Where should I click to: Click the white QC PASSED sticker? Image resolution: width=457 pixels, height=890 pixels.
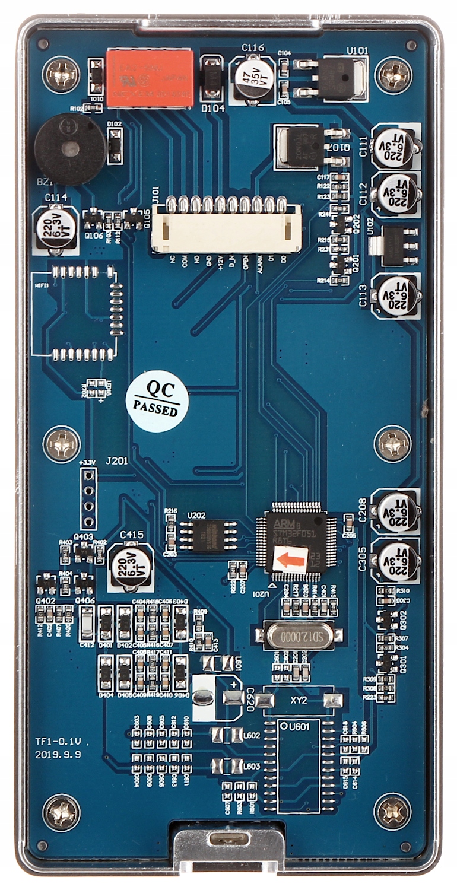pos(157,402)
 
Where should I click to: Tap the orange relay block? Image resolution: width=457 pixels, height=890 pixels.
pos(150,78)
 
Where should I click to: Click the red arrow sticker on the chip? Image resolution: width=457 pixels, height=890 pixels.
pos(291,559)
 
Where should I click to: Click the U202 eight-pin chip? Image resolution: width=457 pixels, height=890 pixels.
pos(207,535)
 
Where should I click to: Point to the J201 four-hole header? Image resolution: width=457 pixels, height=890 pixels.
pos(88,498)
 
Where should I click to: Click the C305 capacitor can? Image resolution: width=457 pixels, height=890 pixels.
pos(396,561)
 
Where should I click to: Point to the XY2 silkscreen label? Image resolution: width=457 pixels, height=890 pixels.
pos(299,700)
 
